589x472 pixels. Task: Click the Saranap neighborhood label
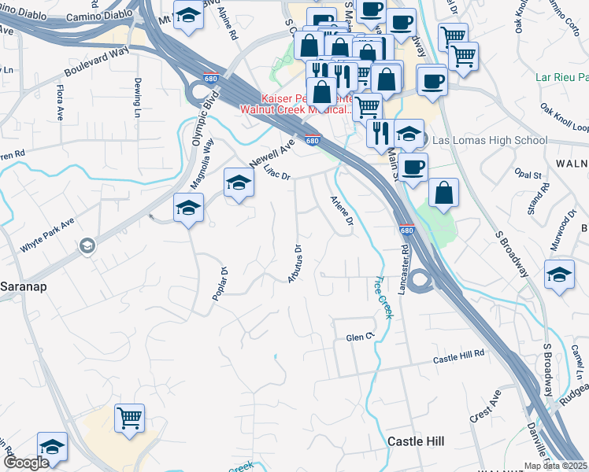(24, 286)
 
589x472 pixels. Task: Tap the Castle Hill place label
(417, 441)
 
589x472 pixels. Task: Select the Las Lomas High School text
(490, 141)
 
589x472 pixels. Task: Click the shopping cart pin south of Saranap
(129, 418)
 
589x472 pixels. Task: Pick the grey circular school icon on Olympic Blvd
(86, 247)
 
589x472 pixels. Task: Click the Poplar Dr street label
(220, 283)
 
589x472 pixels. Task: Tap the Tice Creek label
(383, 297)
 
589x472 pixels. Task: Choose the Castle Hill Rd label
(459, 356)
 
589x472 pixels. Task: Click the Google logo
(26, 463)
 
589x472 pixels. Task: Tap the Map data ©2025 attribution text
(555, 466)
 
